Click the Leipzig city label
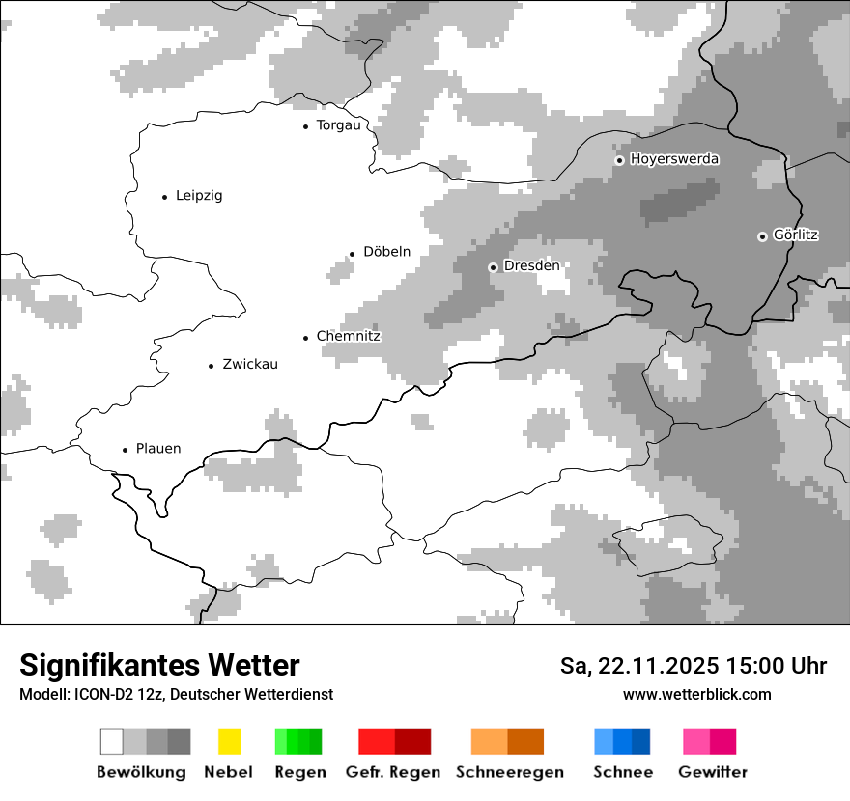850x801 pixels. [199, 196]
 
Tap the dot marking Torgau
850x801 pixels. [306, 126]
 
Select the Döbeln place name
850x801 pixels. [386, 252]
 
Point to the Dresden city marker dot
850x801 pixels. [494, 267]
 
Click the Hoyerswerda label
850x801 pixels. [674, 159]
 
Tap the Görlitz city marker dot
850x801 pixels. [762, 236]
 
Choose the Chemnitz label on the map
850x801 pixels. [348, 337]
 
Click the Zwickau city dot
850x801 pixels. [211, 366]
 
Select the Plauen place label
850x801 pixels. [158, 449]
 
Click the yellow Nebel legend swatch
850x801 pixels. [229, 741]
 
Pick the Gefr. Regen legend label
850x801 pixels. [393, 772]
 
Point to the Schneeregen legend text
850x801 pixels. [510, 772]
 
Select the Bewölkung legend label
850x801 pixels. [141, 772]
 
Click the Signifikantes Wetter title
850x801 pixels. [159, 665]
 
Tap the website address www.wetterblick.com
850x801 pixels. [697, 694]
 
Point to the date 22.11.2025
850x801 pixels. [658, 666]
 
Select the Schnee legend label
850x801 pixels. [623, 772]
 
